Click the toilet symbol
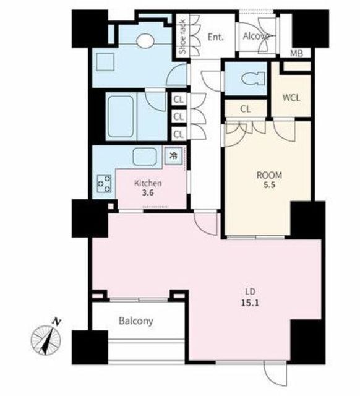(253, 79)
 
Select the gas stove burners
(104, 184)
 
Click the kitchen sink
(145, 157)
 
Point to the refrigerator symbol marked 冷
(173, 156)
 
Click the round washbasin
(145, 40)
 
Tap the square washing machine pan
(105, 62)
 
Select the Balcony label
(136, 321)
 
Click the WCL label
(291, 98)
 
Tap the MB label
(296, 53)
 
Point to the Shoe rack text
(182, 37)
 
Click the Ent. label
(216, 37)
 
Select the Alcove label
(255, 37)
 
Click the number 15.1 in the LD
(250, 303)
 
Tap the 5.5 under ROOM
(269, 185)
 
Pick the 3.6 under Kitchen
(148, 193)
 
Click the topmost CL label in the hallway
(179, 100)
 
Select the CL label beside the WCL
(246, 109)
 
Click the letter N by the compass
(57, 322)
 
